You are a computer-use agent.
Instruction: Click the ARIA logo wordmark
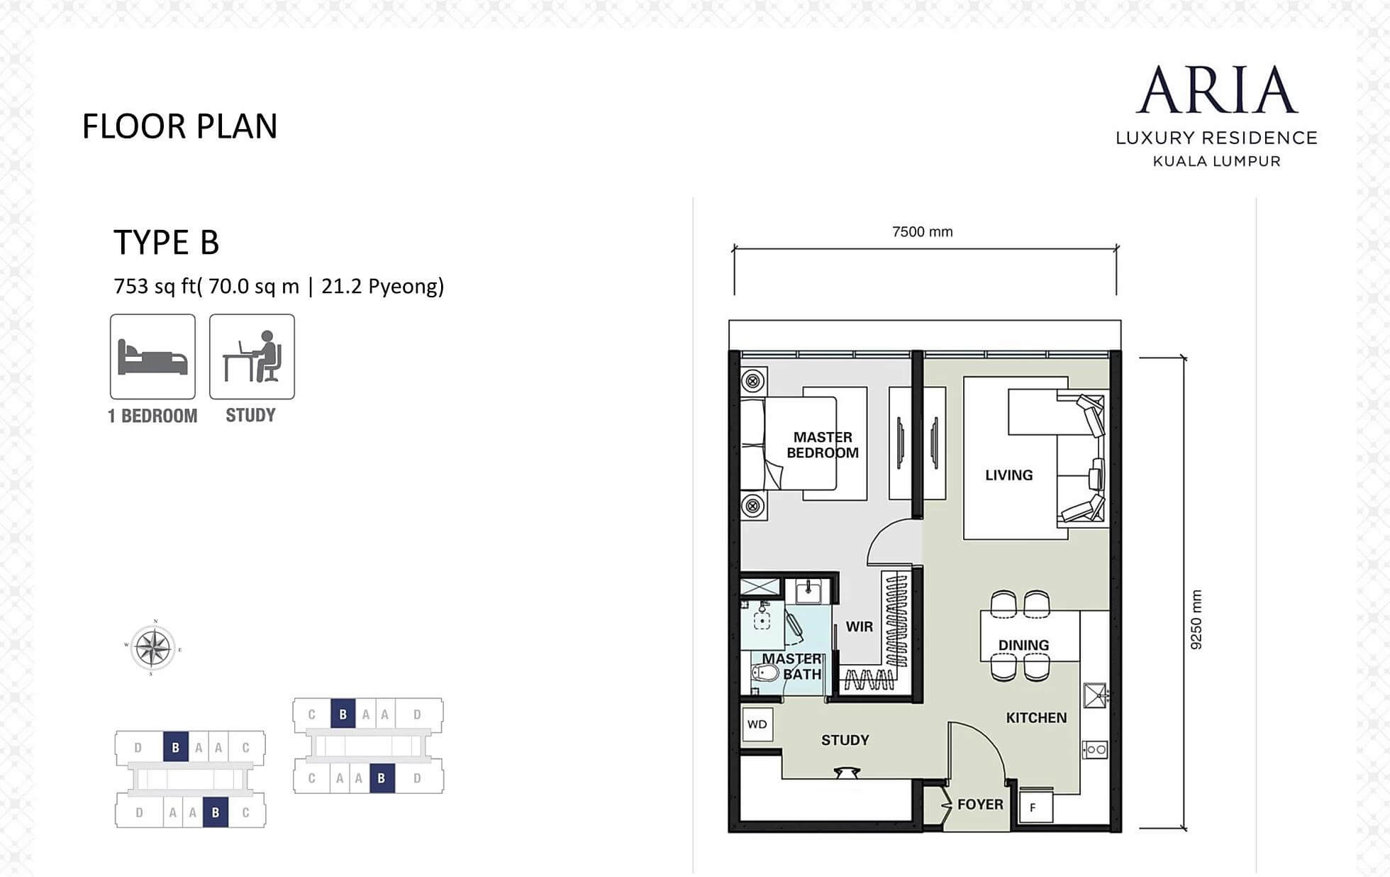[x=1217, y=90]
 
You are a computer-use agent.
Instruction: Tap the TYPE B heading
[x=167, y=242]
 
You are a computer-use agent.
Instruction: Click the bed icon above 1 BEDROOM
[x=152, y=357]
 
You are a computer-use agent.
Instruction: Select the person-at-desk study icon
[x=252, y=357]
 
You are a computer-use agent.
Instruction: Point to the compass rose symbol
[x=153, y=648]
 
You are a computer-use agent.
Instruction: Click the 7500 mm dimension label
[x=923, y=232]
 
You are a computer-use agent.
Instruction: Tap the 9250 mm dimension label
[x=1196, y=619]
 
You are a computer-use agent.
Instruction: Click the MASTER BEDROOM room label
[x=823, y=445]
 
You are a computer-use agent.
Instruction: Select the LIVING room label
[x=1008, y=475]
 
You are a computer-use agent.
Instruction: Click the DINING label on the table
[x=1023, y=646]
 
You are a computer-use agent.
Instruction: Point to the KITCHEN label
[x=1036, y=718]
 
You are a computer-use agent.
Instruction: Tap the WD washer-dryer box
[x=757, y=724]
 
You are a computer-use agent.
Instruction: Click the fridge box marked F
[x=1035, y=807]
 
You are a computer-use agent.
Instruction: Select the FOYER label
[x=980, y=805]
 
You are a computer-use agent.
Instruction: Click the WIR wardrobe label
[x=859, y=627]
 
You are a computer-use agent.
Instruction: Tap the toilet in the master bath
[x=764, y=673]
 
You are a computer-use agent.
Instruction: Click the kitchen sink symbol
[x=1095, y=695]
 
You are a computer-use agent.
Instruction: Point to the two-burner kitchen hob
[x=1095, y=749]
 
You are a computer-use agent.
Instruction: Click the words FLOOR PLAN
[x=180, y=126]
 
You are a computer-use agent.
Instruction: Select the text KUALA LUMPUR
[x=1217, y=161]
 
